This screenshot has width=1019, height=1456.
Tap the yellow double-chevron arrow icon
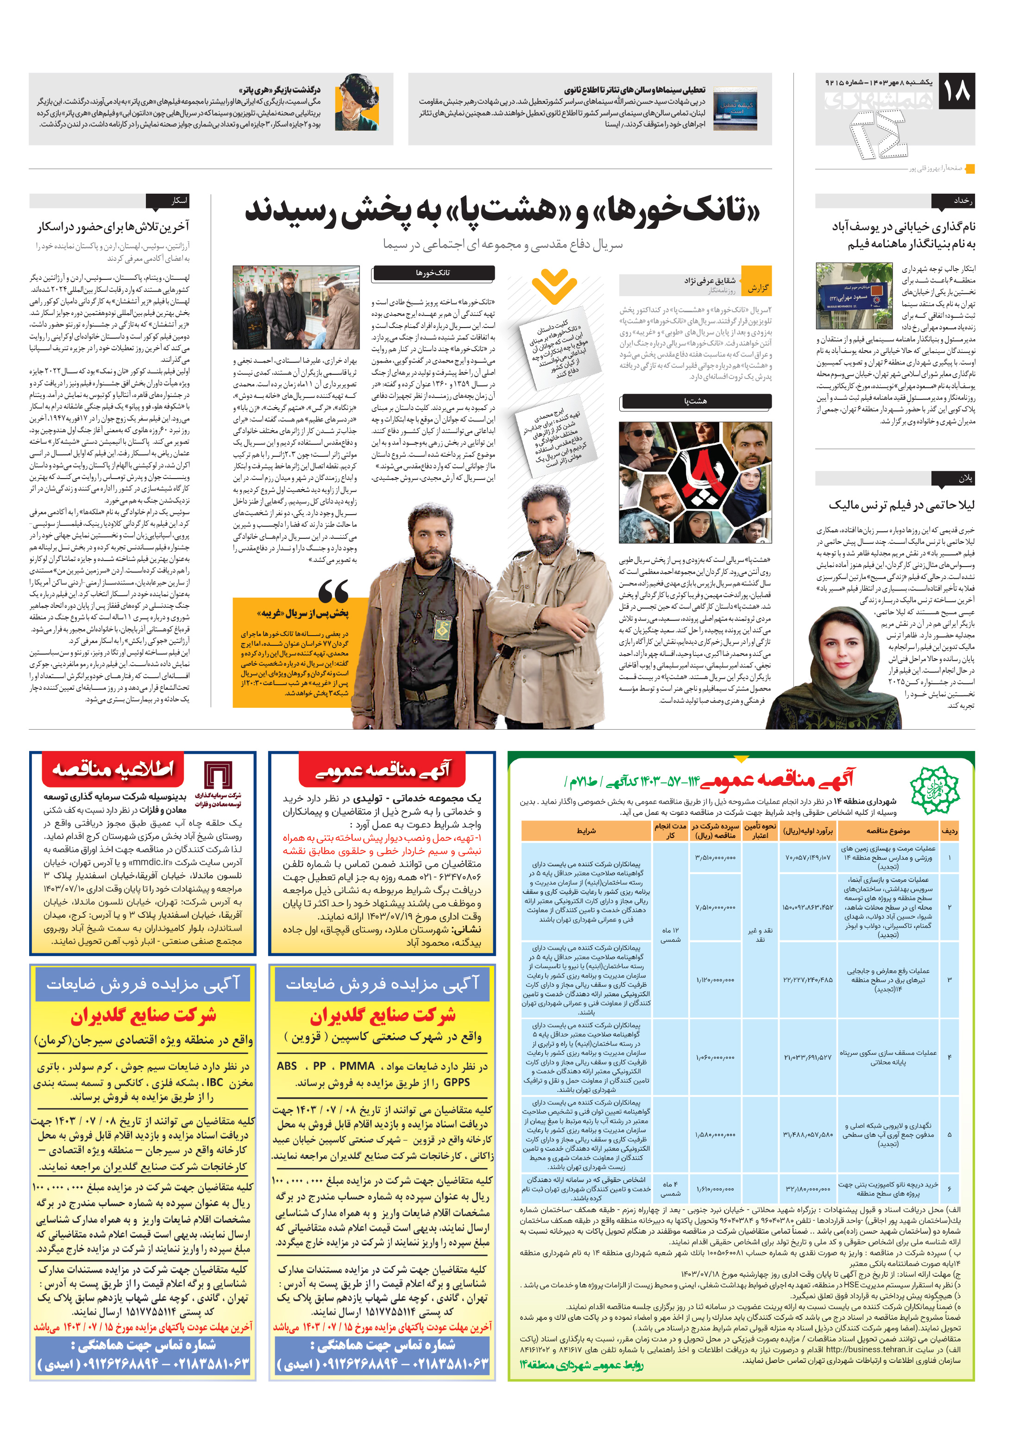[x=554, y=286]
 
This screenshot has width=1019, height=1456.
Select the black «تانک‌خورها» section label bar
[x=433, y=273]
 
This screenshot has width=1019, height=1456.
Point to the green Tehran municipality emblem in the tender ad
[x=934, y=788]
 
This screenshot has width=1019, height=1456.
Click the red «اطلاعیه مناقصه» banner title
[x=113, y=769]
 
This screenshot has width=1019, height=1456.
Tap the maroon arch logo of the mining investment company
[x=217, y=776]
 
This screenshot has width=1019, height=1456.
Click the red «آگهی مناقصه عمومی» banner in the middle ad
[x=383, y=770]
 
